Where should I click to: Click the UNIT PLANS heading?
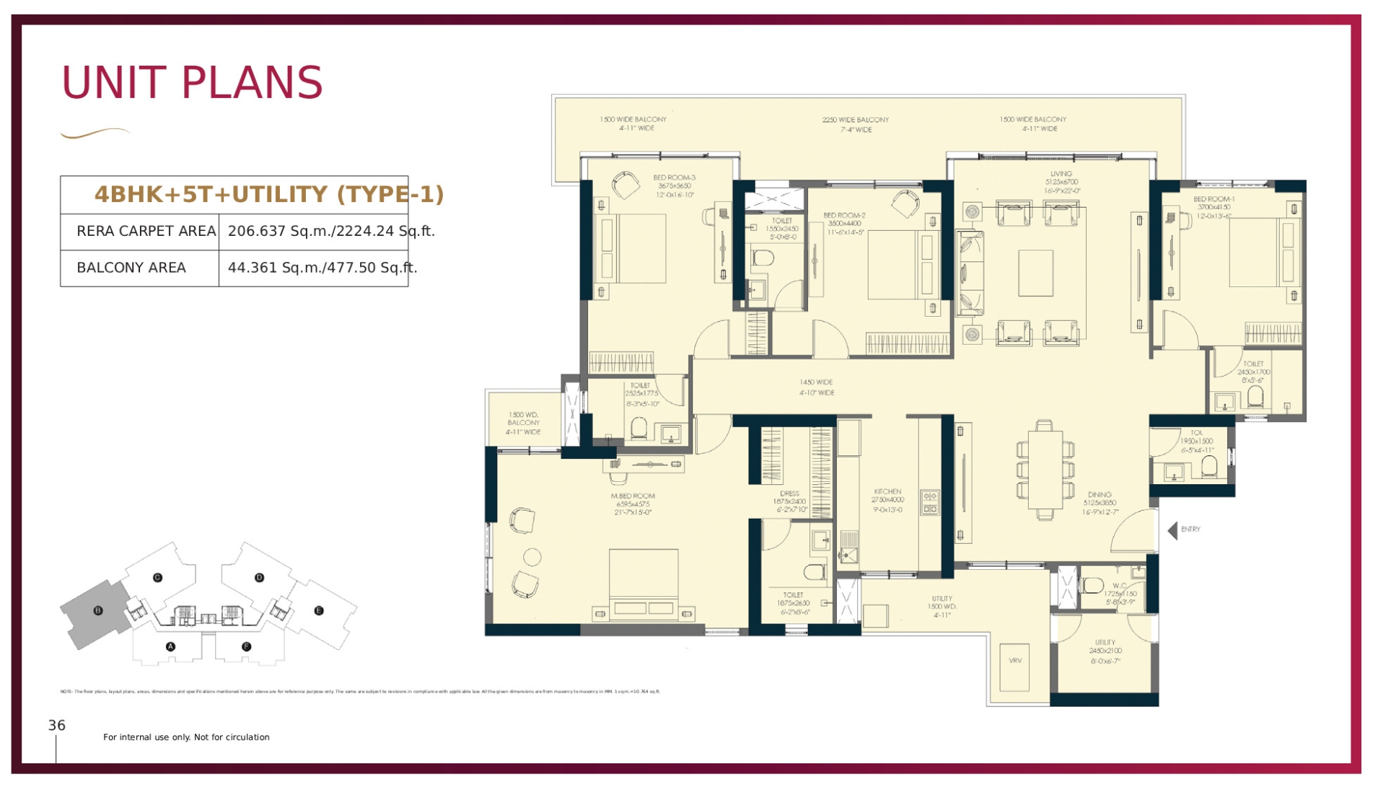click(x=192, y=82)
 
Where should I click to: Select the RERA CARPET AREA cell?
click(x=146, y=232)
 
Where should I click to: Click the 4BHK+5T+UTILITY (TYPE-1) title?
click(x=268, y=194)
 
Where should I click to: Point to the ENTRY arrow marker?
click(x=1172, y=530)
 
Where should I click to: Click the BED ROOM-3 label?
click(x=674, y=177)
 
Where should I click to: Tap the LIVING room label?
click(x=1061, y=174)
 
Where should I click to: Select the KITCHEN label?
click(x=887, y=491)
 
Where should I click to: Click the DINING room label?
click(x=1099, y=495)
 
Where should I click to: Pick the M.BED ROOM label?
click(x=633, y=496)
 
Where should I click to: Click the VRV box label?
click(x=1014, y=661)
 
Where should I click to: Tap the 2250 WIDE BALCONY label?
click(x=855, y=120)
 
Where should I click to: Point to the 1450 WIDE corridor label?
click(x=816, y=382)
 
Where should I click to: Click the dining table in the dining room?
click(x=1045, y=470)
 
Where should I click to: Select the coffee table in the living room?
click(x=1035, y=273)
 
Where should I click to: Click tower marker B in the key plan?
click(x=98, y=610)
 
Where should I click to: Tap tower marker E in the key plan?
click(x=319, y=610)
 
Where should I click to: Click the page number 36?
click(x=57, y=726)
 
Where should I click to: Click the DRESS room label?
click(x=789, y=493)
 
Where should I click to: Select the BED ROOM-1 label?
click(x=1213, y=199)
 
